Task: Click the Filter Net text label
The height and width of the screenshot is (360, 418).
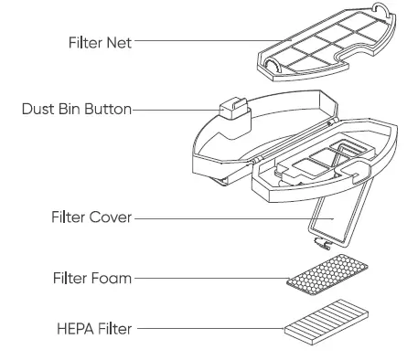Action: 100,41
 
